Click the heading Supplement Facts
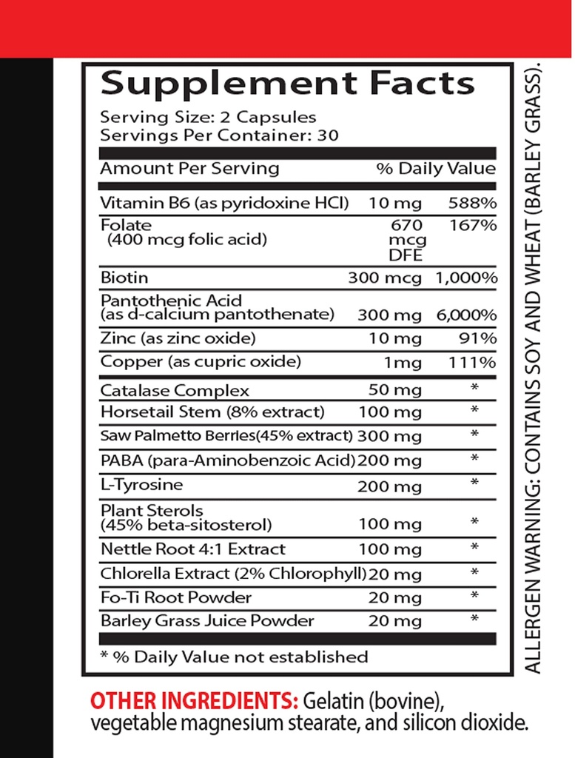point(287,84)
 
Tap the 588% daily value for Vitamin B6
point(472,203)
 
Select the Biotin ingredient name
point(124,278)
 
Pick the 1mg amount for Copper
point(401,363)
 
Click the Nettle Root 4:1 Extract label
point(192,549)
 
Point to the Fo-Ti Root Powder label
point(176,597)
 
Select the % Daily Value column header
point(436,168)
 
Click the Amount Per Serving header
point(189,168)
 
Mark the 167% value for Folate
point(472,225)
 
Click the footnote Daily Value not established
point(233,657)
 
